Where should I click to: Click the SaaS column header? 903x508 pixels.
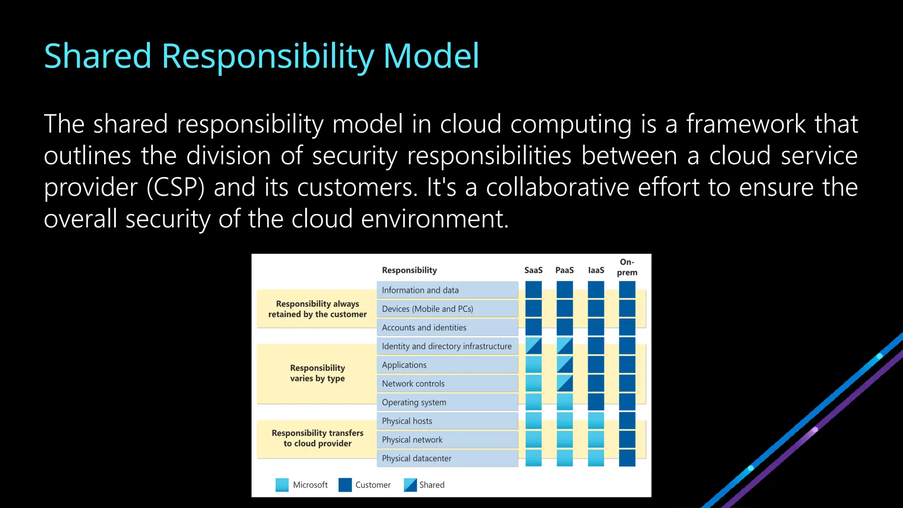click(533, 270)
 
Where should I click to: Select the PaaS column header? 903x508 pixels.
click(564, 270)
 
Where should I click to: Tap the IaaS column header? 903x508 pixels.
click(596, 270)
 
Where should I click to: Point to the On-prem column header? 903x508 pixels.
click(627, 267)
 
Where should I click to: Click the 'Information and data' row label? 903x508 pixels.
click(420, 290)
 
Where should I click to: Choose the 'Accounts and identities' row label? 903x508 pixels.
click(424, 328)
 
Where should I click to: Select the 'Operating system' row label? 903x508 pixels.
click(414, 403)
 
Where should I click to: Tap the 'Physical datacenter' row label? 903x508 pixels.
click(416, 459)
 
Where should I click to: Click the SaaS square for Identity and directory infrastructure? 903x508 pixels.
click(534, 346)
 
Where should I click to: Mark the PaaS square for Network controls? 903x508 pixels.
click(565, 383)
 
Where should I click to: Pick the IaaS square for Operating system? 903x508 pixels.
click(596, 402)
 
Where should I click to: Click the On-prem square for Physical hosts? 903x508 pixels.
click(627, 421)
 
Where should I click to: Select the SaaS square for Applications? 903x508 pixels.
click(534, 365)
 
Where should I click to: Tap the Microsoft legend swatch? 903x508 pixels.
click(282, 485)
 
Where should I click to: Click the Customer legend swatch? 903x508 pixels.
click(345, 485)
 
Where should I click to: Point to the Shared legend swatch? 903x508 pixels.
click(410, 485)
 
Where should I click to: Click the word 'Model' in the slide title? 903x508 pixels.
click(431, 56)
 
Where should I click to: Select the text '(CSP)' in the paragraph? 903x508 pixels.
click(175, 187)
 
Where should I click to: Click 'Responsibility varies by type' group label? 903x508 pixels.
click(317, 373)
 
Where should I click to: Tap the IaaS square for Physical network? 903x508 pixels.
click(596, 439)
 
